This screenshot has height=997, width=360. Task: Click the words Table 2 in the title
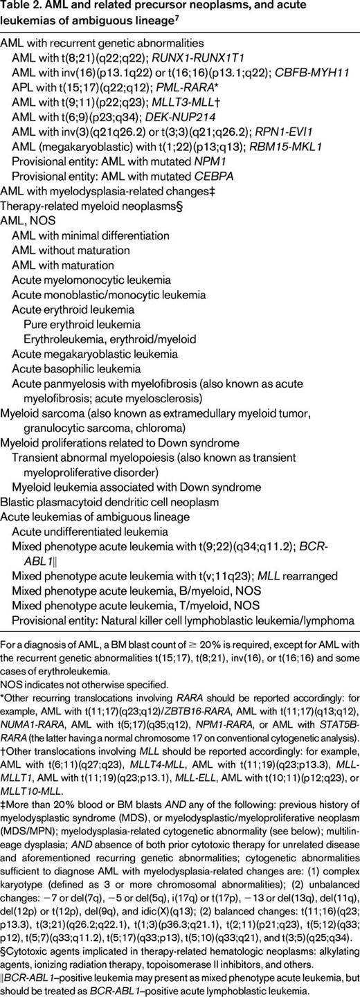[x=21, y=8]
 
